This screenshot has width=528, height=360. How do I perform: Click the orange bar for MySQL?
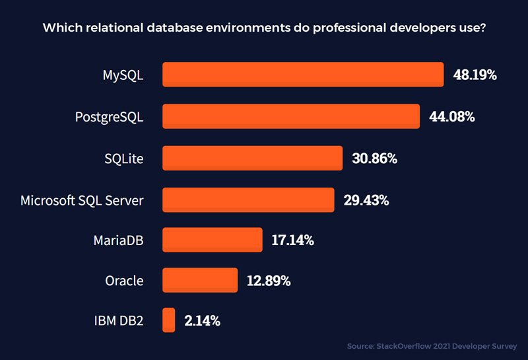(303, 75)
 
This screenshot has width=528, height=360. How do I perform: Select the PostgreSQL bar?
(291, 116)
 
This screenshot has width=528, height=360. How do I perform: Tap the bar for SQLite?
(252, 158)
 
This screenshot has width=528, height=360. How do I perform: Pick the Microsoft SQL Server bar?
(248, 199)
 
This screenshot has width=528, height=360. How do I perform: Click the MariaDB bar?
(213, 240)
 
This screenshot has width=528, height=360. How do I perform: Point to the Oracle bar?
(200, 280)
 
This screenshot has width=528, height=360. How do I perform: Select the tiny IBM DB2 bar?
(169, 320)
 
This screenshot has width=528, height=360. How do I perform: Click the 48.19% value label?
(475, 75)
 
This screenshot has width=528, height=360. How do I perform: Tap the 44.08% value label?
(451, 117)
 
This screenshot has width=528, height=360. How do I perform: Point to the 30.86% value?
(374, 159)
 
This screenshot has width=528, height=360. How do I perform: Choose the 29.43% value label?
(366, 200)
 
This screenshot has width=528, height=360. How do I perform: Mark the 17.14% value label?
(292, 240)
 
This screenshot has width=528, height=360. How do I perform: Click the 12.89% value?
(269, 281)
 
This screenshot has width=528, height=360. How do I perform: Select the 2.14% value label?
(202, 322)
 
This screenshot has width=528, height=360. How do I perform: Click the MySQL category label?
(123, 75)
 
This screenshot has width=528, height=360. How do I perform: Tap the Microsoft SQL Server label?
(82, 200)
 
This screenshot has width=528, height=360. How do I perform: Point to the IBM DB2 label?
(119, 322)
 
